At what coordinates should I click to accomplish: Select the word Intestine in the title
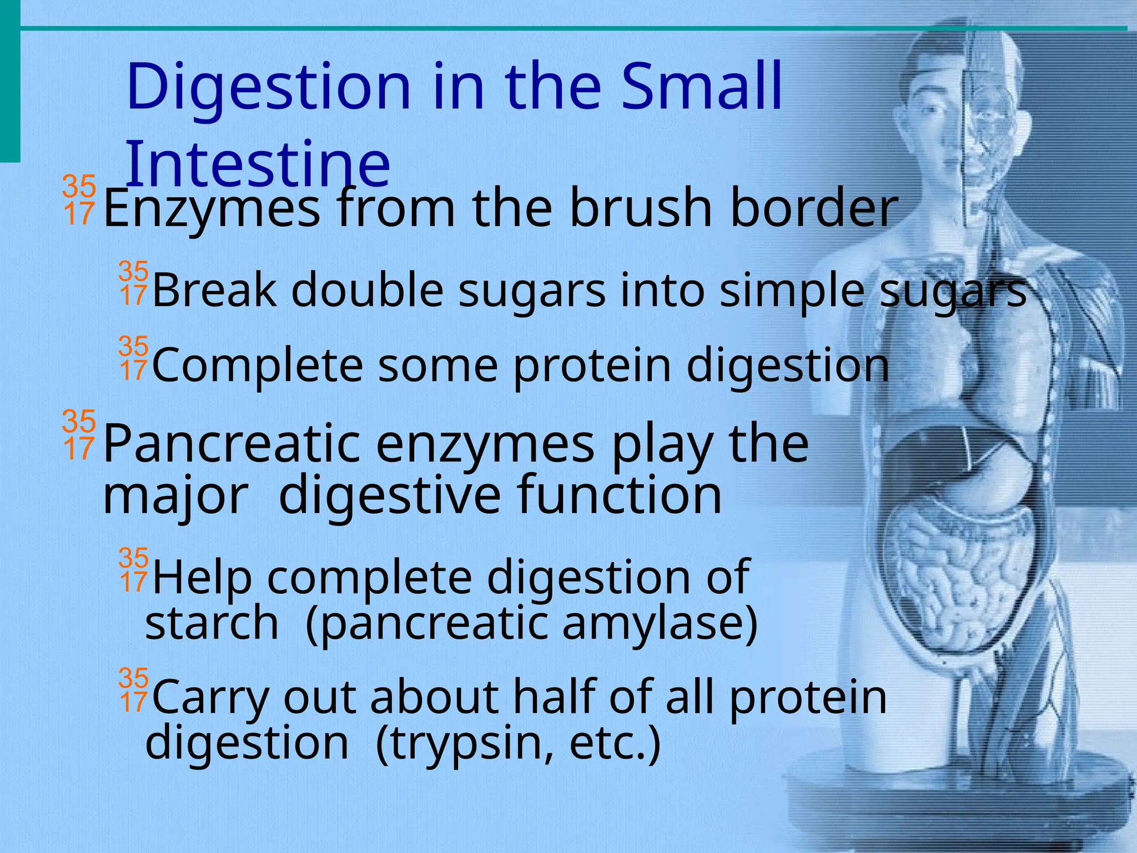point(258,163)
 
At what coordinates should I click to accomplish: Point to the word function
point(619,494)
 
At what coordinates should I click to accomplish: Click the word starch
point(212,623)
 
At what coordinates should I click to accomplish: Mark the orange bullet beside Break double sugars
point(133,283)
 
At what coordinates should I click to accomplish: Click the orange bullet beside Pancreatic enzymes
point(79,435)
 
